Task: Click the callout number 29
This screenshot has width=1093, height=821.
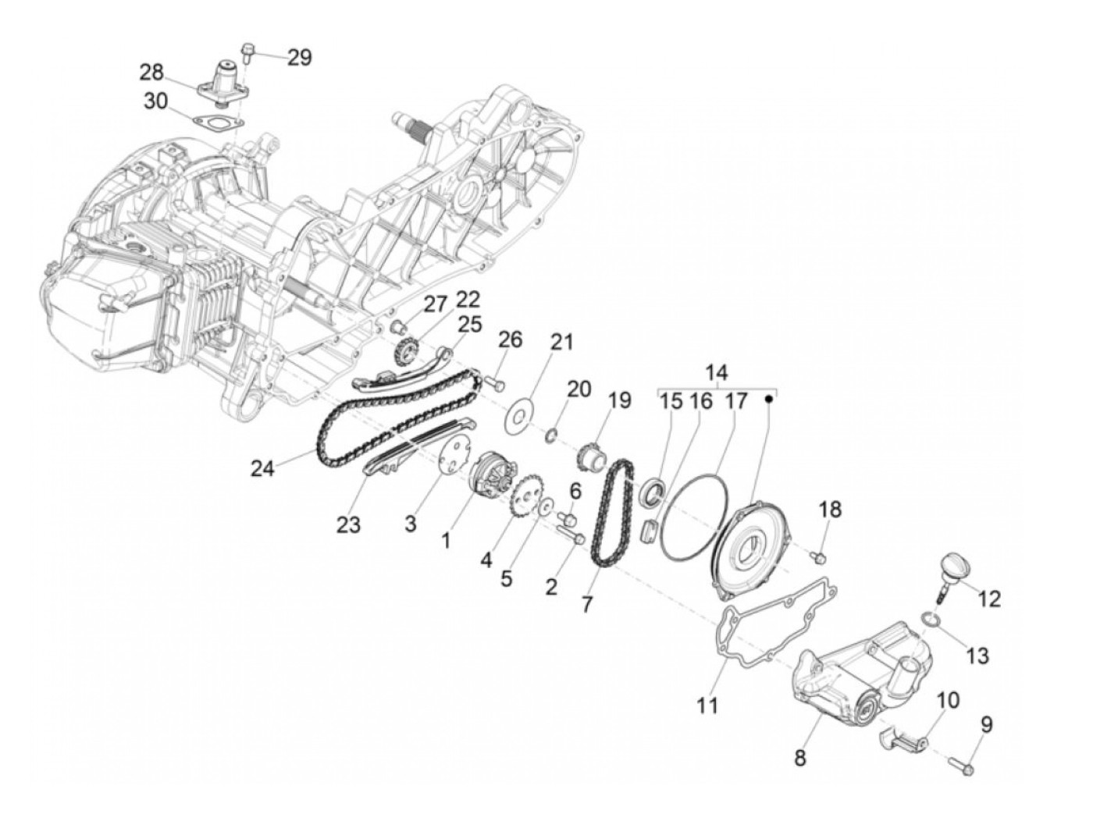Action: pyautogui.click(x=299, y=57)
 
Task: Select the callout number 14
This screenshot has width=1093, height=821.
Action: pyautogui.click(x=716, y=371)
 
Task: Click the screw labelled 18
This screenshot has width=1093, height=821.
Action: pyautogui.click(x=819, y=556)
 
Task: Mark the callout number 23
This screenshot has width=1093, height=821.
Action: pyautogui.click(x=349, y=525)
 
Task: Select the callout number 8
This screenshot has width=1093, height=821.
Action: pyautogui.click(x=800, y=757)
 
